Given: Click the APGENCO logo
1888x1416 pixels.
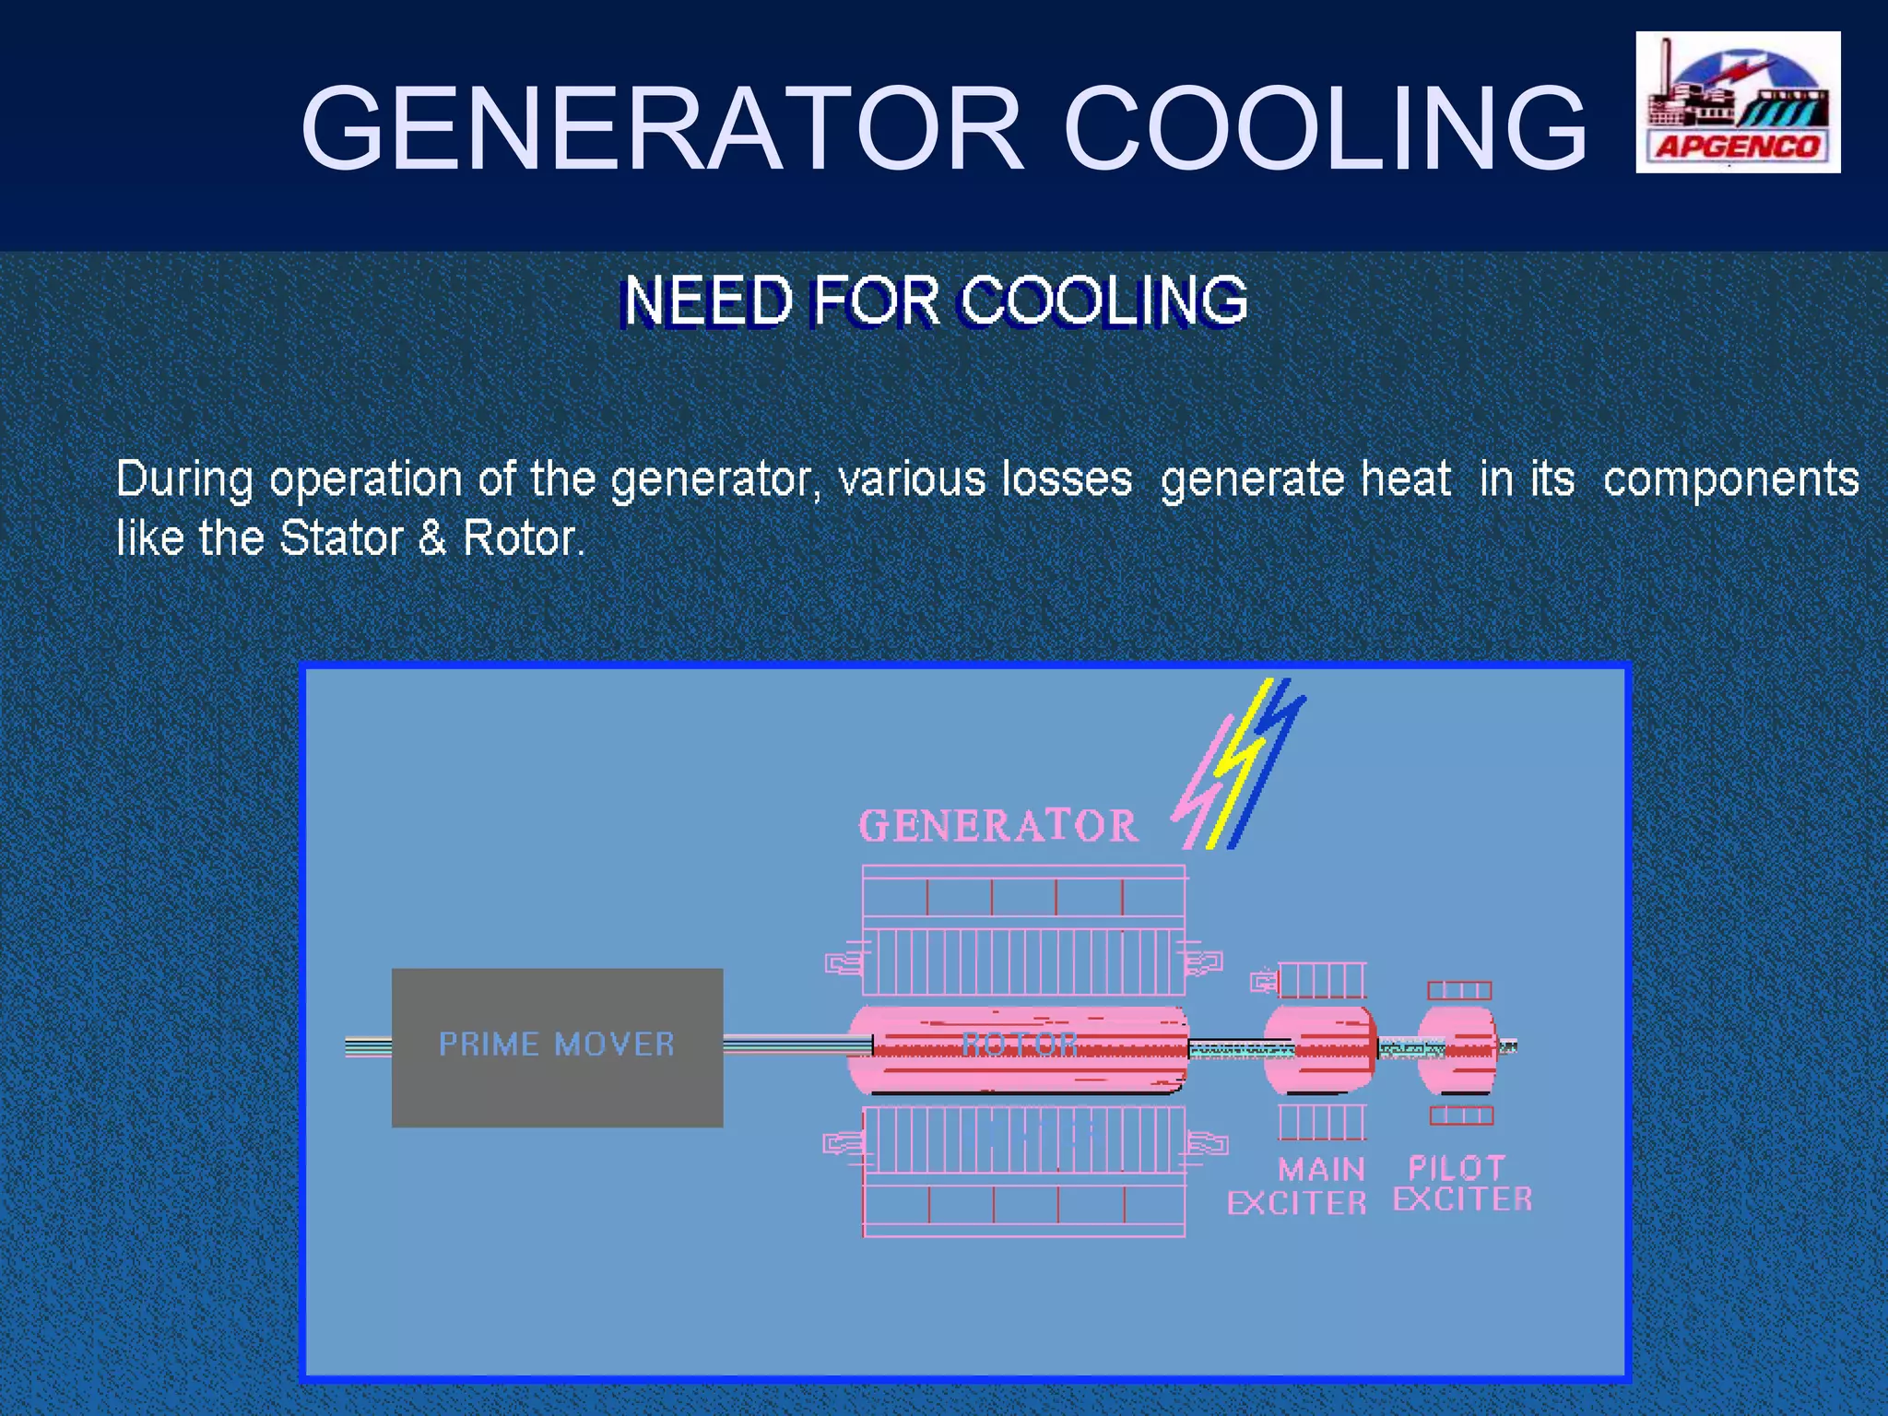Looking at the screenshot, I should click(x=1738, y=102).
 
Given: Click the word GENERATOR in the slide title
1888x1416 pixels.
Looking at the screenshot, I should click(x=662, y=129).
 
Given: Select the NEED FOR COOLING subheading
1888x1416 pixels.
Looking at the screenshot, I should click(x=935, y=301).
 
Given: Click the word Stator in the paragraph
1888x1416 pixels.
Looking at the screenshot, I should click(x=341, y=538).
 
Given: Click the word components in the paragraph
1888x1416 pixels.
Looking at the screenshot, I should click(x=1730, y=479).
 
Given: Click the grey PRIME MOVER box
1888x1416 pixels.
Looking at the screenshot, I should click(x=557, y=1047).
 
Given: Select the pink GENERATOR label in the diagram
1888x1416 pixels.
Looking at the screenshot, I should click(x=998, y=826).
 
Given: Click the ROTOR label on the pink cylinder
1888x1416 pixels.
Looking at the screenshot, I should click(x=1019, y=1044).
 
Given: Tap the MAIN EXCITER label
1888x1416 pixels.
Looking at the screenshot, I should click(x=1298, y=1186).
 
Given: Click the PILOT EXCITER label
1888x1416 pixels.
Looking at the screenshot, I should click(x=1462, y=1184).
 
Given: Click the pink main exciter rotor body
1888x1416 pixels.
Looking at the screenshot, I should click(x=1320, y=1049).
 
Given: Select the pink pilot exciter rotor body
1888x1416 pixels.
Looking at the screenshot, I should click(x=1457, y=1049).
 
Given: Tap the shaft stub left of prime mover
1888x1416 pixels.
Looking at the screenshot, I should click(x=368, y=1047).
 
